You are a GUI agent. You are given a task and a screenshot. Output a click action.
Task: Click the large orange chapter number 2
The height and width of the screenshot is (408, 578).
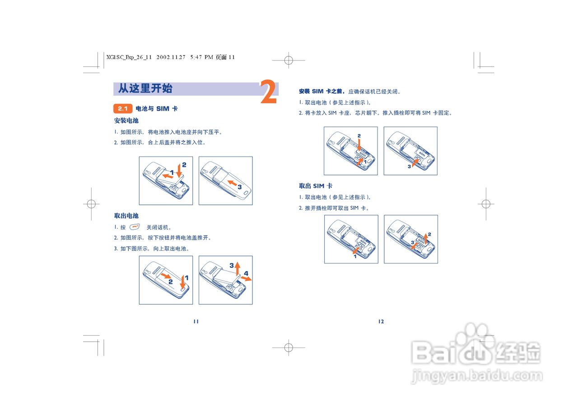coord(268,92)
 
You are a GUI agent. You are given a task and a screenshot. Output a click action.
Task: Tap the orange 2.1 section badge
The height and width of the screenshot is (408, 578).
coord(122,109)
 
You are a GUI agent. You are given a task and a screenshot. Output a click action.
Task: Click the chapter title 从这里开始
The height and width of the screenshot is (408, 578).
coord(145,88)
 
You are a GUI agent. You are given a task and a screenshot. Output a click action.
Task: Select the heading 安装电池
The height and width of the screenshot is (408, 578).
coord(126,121)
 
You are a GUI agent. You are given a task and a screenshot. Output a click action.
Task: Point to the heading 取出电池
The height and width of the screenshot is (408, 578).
coord(126,216)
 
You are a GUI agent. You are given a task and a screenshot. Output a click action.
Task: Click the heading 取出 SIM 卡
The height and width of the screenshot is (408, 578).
coord(316,185)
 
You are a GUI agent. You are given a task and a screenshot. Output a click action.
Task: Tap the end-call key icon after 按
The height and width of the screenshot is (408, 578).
coord(135,227)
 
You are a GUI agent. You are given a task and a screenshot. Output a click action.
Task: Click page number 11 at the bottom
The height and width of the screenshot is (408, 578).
coord(196,321)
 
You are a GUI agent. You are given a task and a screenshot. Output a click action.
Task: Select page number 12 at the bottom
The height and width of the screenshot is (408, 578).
coord(381,321)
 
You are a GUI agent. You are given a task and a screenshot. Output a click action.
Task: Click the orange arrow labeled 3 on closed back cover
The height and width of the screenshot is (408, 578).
coord(232,183)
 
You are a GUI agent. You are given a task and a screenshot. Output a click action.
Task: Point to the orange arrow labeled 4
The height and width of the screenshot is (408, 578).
coord(247,278)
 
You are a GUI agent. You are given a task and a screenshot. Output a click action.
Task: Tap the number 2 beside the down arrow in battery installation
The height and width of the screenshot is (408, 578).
coord(184,165)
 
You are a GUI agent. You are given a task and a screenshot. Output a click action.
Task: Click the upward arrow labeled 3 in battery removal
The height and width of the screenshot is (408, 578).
coord(238,269)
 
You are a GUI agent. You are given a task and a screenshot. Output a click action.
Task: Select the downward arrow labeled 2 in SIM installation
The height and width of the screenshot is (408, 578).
coord(359,144)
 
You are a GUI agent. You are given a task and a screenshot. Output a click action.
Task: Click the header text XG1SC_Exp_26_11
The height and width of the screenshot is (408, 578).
coord(129,57)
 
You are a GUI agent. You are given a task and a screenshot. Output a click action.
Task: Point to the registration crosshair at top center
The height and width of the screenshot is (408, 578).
coord(289,60)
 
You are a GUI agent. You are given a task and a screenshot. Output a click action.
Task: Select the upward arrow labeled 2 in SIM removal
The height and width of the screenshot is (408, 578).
coord(425,239)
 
